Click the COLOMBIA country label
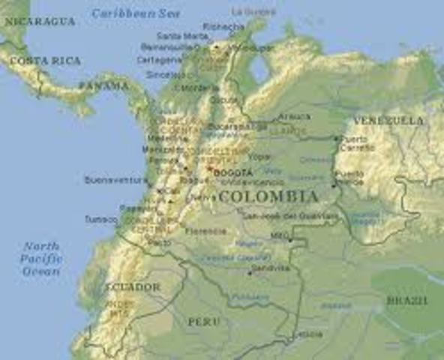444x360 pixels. tap(267, 196)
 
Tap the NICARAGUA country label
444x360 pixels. tap(40, 22)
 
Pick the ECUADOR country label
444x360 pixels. tap(133, 287)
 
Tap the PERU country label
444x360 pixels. tap(203, 321)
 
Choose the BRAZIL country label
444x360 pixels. tap(407, 300)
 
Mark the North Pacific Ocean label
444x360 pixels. tap(41, 258)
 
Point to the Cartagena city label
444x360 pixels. tap(158, 59)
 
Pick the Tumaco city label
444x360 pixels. tap(100, 219)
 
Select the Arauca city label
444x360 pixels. tap(293, 116)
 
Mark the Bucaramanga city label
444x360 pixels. tap(227, 126)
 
